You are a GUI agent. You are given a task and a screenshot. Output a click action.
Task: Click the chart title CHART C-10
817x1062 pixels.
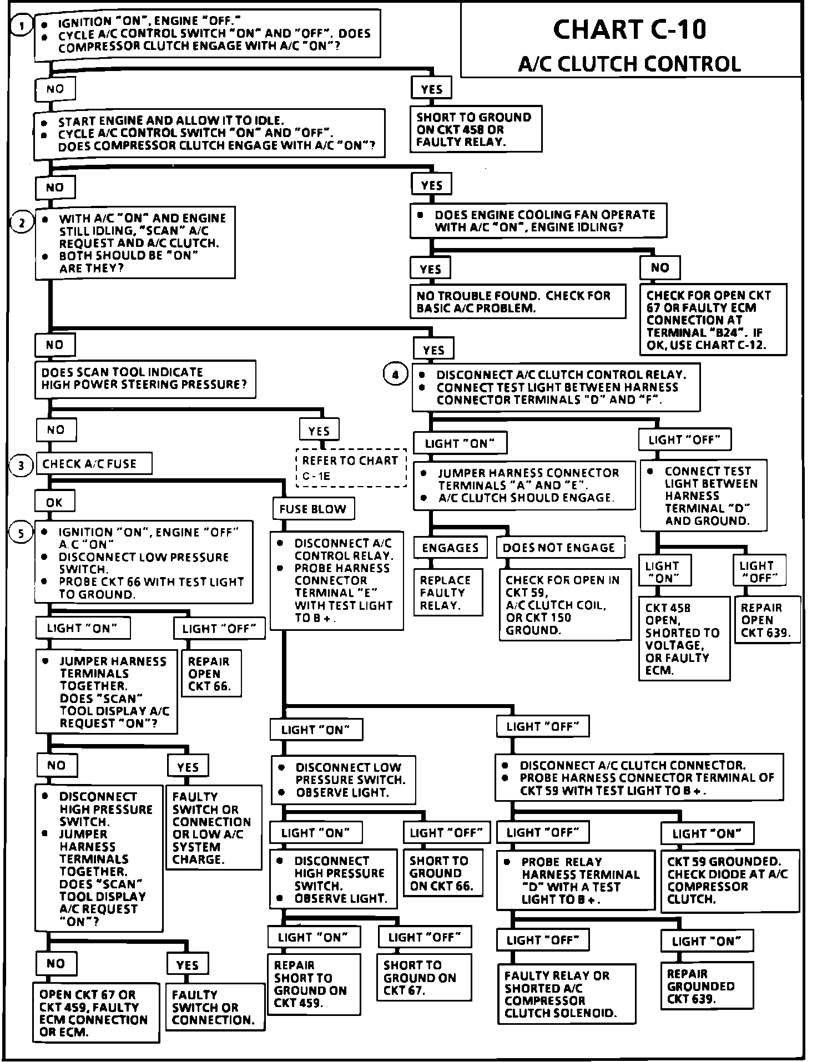tap(629, 29)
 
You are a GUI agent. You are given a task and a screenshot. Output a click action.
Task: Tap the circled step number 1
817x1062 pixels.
tap(22, 26)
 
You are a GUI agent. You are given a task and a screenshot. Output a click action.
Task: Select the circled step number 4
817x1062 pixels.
tap(395, 375)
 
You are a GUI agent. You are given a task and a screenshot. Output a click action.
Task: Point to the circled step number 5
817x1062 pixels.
tap(21, 533)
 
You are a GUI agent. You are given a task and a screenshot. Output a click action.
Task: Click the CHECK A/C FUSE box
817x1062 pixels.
tap(93, 464)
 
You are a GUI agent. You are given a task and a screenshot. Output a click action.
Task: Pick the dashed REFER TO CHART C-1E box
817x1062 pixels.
tap(351, 467)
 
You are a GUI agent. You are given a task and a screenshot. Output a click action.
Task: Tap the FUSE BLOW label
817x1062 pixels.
tap(312, 509)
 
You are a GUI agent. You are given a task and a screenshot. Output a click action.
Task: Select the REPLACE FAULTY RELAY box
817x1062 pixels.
tap(447, 593)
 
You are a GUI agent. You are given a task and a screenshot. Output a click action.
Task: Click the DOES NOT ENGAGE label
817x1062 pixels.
tap(559, 548)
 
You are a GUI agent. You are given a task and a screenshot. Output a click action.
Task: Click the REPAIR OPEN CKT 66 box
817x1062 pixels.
tap(211, 673)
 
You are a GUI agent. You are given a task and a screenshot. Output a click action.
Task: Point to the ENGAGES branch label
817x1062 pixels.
tap(450, 548)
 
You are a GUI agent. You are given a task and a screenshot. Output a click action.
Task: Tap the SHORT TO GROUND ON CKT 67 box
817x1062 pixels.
tap(424, 977)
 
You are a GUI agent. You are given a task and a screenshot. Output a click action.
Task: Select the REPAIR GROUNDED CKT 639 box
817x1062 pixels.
tap(707, 986)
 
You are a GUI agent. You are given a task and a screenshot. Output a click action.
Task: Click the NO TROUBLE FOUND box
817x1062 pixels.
tap(517, 302)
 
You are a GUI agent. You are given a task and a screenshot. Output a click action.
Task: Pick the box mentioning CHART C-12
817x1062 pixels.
tap(713, 320)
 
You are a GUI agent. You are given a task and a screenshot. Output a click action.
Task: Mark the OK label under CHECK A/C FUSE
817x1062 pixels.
tap(54, 502)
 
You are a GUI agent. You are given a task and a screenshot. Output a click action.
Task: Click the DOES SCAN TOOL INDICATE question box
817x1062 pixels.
tap(145, 378)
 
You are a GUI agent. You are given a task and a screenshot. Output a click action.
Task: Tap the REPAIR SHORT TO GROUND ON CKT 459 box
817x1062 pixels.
tap(313, 984)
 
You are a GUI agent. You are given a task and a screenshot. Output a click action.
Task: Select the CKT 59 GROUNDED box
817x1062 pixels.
tap(729, 880)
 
